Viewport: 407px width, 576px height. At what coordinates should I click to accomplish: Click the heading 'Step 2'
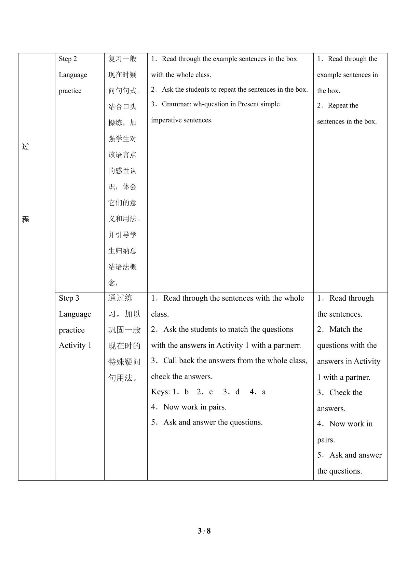[68, 59]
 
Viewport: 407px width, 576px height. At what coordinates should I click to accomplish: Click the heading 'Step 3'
[69, 298]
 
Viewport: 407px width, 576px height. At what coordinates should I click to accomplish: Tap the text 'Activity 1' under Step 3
[75, 345]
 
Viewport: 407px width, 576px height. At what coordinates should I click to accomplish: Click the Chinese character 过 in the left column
[26, 147]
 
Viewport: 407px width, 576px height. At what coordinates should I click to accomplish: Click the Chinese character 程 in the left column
[26, 220]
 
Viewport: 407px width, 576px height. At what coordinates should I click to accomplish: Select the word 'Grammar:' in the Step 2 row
[176, 104]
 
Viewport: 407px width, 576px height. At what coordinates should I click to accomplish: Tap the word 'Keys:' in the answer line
[160, 392]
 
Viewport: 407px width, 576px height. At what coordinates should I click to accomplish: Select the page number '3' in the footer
[200, 531]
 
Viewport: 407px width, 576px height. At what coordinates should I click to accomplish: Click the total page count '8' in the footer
[208, 531]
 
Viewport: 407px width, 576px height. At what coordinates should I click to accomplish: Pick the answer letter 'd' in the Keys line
[238, 392]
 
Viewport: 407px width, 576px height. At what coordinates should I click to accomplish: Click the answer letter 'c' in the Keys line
[211, 392]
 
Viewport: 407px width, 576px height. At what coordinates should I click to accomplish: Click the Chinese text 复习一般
[122, 59]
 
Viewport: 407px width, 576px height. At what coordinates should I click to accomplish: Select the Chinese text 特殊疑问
[124, 362]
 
